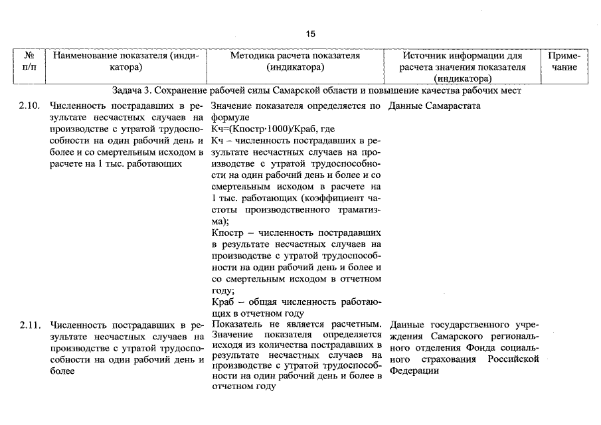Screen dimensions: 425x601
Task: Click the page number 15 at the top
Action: point(311,34)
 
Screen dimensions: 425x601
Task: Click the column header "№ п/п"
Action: point(29,62)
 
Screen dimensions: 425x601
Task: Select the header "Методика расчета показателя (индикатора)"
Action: point(296,62)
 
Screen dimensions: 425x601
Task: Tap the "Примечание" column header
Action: point(564,62)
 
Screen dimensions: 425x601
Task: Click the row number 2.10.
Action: point(30,106)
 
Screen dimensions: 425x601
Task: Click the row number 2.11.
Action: point(30,325)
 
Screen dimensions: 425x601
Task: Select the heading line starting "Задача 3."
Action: point(317,91)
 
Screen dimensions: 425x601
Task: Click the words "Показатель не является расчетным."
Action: point(296,325)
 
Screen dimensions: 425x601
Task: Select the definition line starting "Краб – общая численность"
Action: point(296,302)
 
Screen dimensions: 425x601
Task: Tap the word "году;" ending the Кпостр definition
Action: point(223,290)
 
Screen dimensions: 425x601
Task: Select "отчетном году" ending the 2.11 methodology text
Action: point(243,388)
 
